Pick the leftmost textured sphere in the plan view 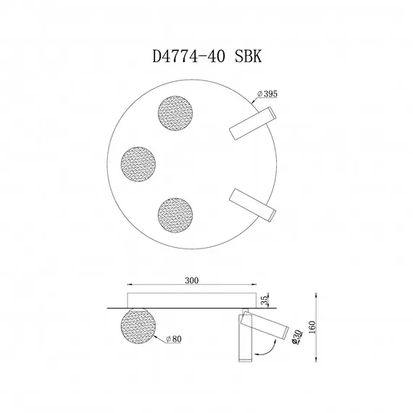point(139,164)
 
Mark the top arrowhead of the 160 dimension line point(317,294)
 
